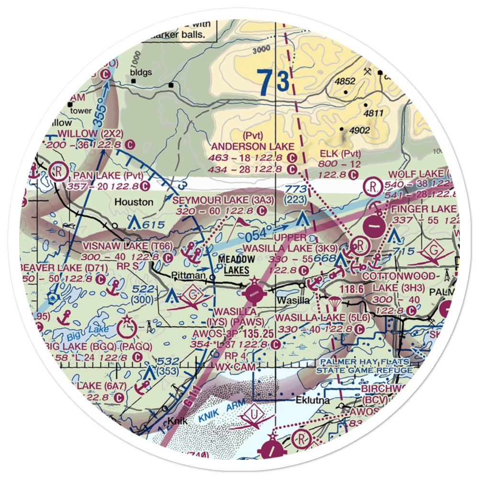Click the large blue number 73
273,82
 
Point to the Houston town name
134,202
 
